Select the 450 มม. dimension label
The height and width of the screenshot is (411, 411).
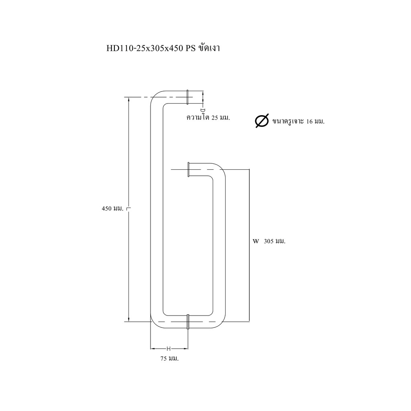pos(112,209)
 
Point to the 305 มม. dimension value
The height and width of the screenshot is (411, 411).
pos(275,241)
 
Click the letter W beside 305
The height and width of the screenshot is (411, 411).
pos(256,241)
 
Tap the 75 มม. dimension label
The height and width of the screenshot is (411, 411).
pos(170,358)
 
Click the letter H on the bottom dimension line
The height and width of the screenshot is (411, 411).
pos(169,349)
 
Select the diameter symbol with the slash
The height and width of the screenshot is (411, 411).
pos(262,121)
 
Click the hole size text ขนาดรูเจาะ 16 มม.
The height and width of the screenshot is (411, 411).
pos(299,121)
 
